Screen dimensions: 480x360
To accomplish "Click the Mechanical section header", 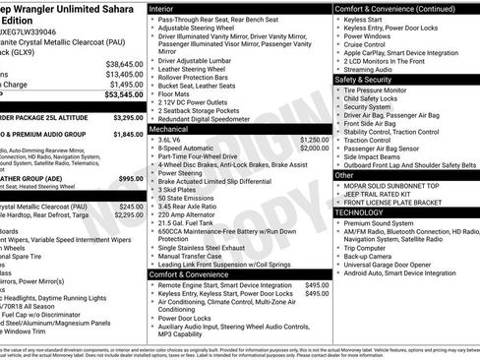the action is (168, 129).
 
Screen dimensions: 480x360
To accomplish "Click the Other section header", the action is (344, 174).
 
